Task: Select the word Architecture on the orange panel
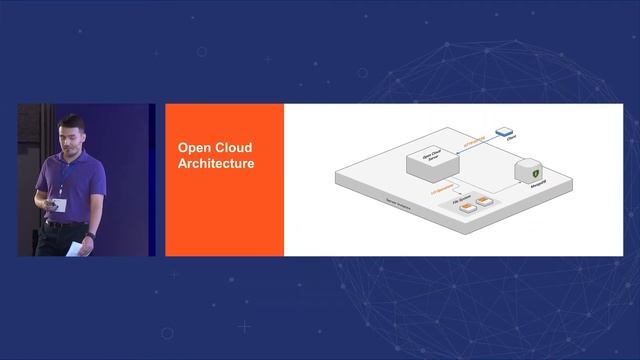[215, 162]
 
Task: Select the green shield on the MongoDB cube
[534, 171]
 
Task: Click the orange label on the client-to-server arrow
[475, 140]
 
